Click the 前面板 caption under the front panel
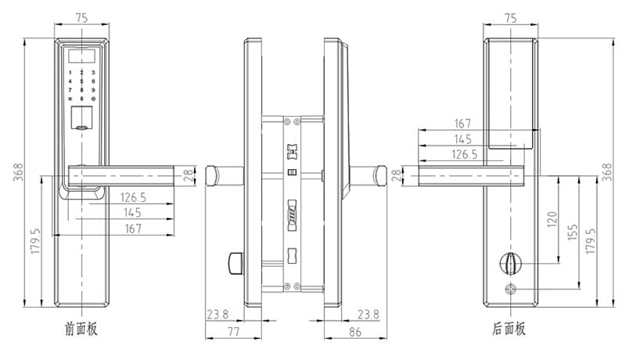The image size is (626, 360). tap(81, 329)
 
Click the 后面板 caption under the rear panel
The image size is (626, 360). tap(509, 329)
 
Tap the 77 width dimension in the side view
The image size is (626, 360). tap(233, 332)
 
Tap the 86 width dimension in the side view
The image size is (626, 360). tap(355, 332)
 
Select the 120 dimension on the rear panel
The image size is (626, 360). tap(552, 219)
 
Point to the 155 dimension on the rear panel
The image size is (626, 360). tap(573, 232)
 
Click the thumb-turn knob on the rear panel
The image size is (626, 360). tap(510, 263)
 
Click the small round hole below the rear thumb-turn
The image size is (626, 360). tap(510, 289)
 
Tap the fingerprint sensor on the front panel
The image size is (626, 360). tap(82, 118)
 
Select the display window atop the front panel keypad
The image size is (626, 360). tap(82, 56)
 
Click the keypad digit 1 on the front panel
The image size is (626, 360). tap(70, 73)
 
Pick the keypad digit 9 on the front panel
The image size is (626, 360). tap(93, 90)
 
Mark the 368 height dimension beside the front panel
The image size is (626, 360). tap(18, 172)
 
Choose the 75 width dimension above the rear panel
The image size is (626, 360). tap(511, 18)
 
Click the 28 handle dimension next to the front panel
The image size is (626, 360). tap(188, 175)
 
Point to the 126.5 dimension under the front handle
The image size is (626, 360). tap(133, 197)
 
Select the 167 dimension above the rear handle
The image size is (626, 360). tap(462, 124)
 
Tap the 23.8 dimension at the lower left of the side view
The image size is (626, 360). tap(218, 315)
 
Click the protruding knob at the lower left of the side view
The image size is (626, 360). tap(236, 263)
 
